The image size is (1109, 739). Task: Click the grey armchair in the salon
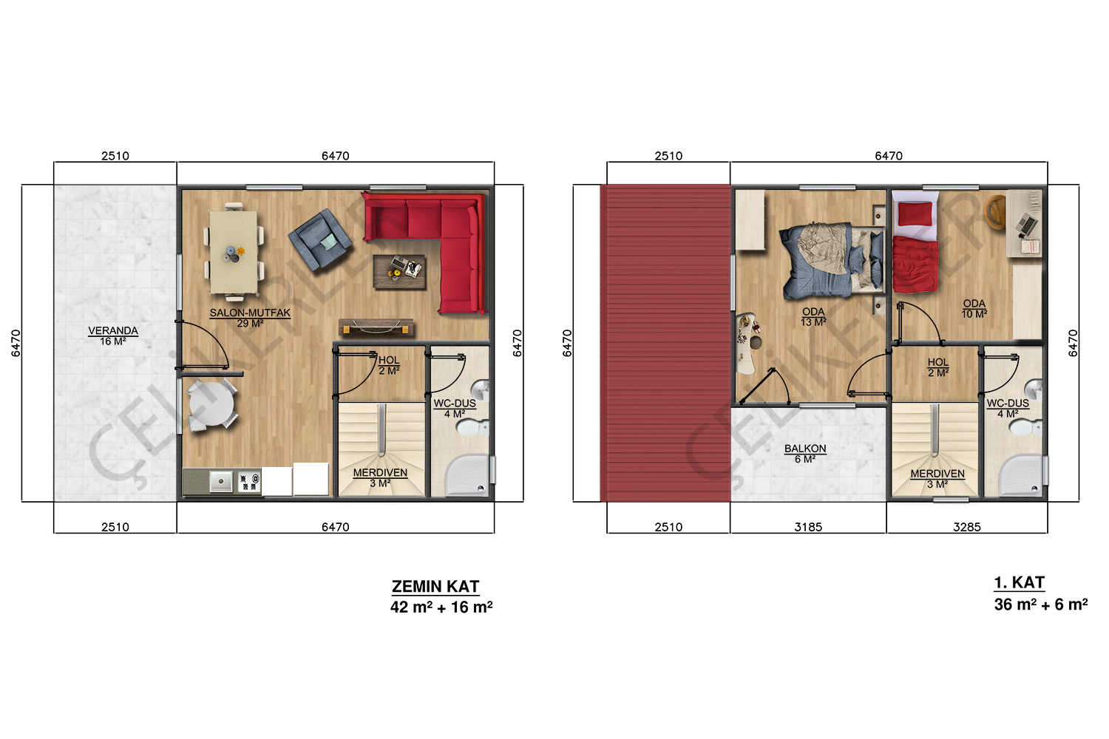tap(320, 239)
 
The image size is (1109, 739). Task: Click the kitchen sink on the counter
tap(221, 481)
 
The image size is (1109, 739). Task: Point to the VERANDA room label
tap(113, 330)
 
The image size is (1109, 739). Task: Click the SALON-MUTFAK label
tap(250, 313)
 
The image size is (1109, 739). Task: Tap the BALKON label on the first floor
tap(805, 449)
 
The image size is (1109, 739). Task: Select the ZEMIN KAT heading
tap(435, 586)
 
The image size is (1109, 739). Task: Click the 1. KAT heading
tap(1020, 582)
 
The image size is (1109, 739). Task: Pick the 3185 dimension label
tap(808, 527)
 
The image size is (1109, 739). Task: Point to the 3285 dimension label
tap(966, 527)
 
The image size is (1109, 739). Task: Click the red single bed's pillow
tap(915, 214)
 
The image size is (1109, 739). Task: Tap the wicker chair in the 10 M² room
tap(996, 213)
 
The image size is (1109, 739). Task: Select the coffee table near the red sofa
tap(399, 272)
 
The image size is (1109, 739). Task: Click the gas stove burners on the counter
tap(249, 482)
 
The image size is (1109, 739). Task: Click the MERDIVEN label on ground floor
tap(380, 473)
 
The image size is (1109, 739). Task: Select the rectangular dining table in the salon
tap(233, 253)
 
